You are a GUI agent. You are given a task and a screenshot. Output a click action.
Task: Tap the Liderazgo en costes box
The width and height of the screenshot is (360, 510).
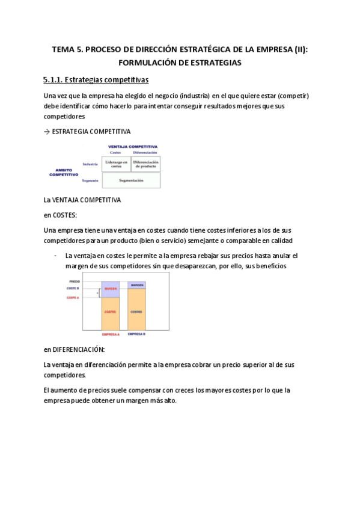(116, 164)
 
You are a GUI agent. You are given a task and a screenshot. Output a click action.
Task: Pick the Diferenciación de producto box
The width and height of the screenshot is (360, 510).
(145, 164)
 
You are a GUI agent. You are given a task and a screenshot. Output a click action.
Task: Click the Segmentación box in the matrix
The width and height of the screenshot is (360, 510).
(131, 180)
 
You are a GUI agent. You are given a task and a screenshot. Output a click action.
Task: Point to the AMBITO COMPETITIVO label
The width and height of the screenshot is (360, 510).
(63, 173)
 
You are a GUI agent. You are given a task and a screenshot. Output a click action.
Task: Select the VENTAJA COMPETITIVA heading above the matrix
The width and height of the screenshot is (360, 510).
(132, 146)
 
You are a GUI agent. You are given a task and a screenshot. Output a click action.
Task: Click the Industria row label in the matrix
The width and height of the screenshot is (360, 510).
(90, 164)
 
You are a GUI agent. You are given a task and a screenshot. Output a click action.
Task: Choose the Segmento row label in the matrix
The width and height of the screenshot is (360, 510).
(90, 180)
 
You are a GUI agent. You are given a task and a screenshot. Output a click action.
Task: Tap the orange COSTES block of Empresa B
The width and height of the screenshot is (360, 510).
(136, 311)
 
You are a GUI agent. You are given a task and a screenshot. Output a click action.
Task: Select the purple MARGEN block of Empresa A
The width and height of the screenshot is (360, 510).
(110, 289)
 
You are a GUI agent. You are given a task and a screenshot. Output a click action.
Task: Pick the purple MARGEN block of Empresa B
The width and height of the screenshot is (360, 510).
(136, 284)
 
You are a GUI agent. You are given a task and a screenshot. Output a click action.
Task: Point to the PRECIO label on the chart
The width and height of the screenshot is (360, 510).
(74, 281)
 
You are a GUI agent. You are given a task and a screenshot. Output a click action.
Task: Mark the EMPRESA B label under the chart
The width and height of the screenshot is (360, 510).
(136, 333)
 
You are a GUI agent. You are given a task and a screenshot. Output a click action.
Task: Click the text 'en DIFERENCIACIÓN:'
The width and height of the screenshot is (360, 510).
(75, 349)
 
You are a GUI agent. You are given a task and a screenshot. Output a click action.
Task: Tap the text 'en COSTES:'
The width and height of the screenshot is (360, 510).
(60, 215)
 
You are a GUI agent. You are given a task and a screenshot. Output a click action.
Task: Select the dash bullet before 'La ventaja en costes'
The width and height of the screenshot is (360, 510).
(55, 256)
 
